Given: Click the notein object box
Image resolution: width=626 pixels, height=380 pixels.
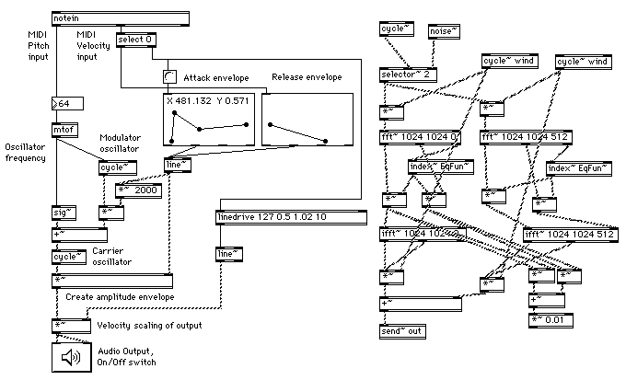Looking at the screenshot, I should pos(121,17).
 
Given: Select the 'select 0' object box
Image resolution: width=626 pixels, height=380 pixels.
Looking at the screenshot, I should pos(136,40).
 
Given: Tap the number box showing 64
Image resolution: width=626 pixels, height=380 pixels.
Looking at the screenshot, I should pos(68,103).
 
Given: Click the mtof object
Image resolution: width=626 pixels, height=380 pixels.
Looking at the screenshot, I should pos(64,130).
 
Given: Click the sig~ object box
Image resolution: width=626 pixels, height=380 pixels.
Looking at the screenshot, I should pos(64,213).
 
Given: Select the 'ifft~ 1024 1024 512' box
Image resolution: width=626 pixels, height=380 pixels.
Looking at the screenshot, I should pos(563,235).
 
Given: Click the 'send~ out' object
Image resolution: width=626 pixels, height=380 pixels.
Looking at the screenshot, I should pos(402,330).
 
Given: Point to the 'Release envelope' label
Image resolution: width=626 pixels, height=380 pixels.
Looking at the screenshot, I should pos(307,77).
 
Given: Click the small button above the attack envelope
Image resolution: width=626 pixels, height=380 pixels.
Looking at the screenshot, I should pos(168,76).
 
